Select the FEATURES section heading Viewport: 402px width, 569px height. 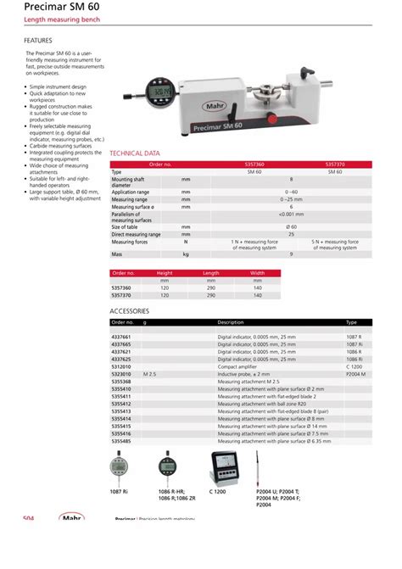point(38,40)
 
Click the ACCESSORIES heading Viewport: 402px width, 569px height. point(130,311)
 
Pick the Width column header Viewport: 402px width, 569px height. point(257,273)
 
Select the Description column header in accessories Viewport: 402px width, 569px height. point(230,322)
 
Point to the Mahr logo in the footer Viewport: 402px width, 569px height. point(72,518)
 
